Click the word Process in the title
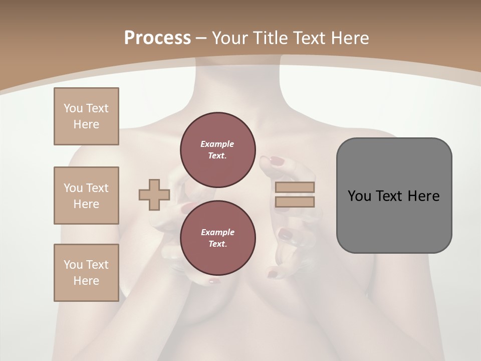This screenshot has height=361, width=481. (157, 38)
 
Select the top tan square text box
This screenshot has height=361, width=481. (86, 116)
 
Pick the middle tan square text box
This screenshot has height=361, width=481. (86, 196)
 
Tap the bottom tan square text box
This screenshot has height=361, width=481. (86, 273)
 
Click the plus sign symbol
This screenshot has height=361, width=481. (154, 195)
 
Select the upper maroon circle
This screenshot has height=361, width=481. (217, 150)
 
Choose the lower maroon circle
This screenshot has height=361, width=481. (217, 238)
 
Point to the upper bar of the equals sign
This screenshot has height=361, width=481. (295, 188)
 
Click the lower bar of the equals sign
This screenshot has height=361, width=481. (295, 202)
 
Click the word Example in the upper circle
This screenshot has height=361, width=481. (217, 144)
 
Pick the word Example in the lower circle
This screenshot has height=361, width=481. (217, 232)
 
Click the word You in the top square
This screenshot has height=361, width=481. (73, 108)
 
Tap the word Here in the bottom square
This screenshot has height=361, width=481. (86, 281)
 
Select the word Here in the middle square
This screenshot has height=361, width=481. (86, 204)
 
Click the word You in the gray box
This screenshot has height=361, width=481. (359, 196)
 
